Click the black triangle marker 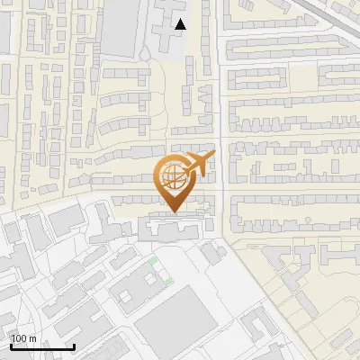[x=181, y=24]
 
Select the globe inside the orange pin [x=171, y=175]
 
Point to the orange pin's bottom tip [x=173, y=212]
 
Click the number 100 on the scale [x=19, y=338]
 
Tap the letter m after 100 [x=32, y=338]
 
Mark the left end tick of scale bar [x=11, y=346]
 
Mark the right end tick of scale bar [x=74, y=346]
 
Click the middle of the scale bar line [x=42, y=347]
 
